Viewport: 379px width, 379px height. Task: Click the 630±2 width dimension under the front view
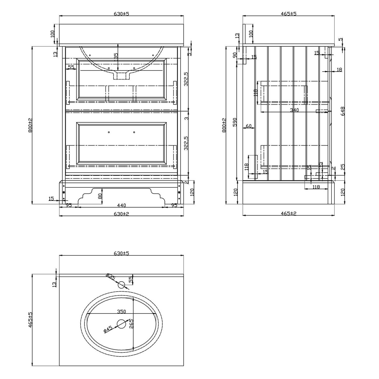(x=121, y=214)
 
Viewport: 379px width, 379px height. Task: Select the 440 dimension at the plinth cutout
(x=121, y=205)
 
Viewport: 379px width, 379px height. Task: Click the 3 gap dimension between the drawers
(x=186, y=118)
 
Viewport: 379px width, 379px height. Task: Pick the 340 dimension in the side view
(x=294, y=110)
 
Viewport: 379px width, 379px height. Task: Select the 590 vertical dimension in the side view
(x=235, y=122)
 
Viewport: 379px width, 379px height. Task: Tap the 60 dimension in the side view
(x=249, y=126)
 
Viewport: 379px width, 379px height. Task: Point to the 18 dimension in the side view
(x=339, y=69)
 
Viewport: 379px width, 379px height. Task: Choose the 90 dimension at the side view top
(x=235, y=55)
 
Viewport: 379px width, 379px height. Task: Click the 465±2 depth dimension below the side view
(x=289, y=214)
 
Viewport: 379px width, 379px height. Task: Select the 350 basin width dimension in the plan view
(x=121, y=312)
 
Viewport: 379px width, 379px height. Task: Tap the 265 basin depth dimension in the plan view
(x=131, y=324)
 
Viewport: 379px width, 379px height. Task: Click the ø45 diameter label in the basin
(x=108, y=329)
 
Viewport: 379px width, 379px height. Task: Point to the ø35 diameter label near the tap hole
(x=111, y=276)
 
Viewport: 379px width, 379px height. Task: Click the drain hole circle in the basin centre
(x=122, y=324)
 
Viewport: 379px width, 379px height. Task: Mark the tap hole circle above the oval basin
(x=122, y=285)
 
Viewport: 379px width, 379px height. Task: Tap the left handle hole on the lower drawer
(x=109, y=132)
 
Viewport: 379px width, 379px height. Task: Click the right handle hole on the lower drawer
(x=134, y=132)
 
